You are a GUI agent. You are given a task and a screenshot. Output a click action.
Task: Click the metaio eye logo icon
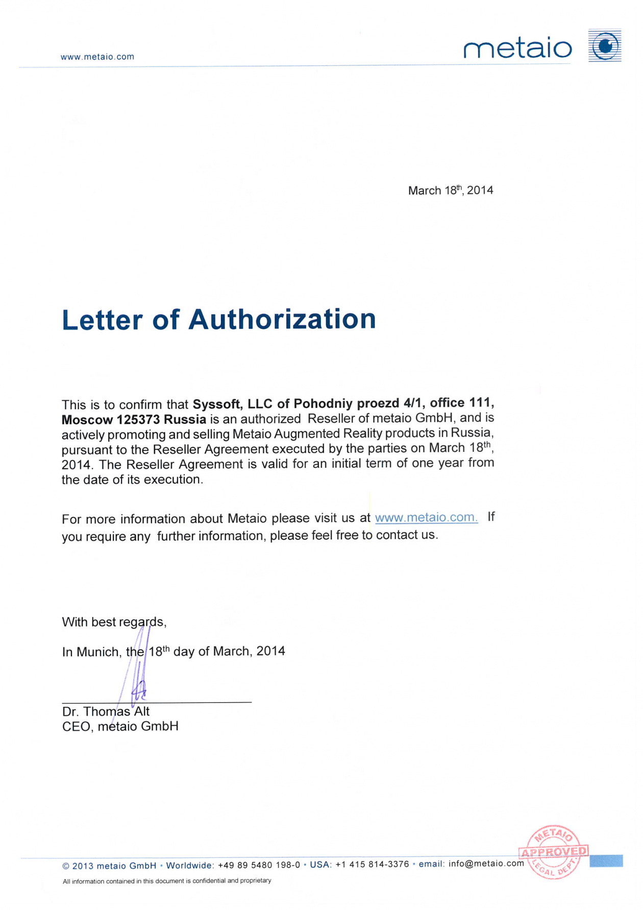pos(605,46)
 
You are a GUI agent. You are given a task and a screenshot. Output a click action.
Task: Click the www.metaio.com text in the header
pos(97,57)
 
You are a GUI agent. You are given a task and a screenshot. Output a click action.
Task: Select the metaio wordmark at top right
pos(517,49)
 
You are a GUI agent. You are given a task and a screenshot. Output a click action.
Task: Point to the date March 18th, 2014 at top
pos(450,190)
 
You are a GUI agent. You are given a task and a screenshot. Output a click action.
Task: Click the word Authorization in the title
pos(282,319)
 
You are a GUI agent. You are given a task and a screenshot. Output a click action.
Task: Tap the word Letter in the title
pos(102,320)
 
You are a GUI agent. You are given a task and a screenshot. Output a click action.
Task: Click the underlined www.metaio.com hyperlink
pos(426,517)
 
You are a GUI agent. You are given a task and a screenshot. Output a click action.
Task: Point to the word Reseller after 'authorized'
pos(330,418)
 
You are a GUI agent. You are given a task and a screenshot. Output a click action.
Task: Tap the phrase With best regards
pos(114,622)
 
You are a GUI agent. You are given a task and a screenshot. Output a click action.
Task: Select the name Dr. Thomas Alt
pos(106,711)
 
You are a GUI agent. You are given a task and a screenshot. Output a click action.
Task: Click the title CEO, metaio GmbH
pos(120,726)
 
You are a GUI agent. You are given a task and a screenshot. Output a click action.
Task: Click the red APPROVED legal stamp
pos(554,852)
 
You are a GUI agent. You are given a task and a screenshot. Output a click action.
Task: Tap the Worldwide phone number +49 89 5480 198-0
pos(259,865)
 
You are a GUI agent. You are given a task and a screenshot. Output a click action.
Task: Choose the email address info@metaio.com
pos(486,864)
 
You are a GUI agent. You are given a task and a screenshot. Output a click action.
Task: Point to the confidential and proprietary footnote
pos(167,881)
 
